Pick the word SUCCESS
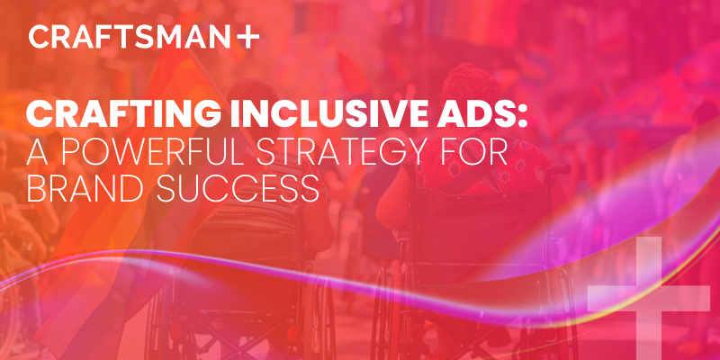(x=247, y=190)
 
